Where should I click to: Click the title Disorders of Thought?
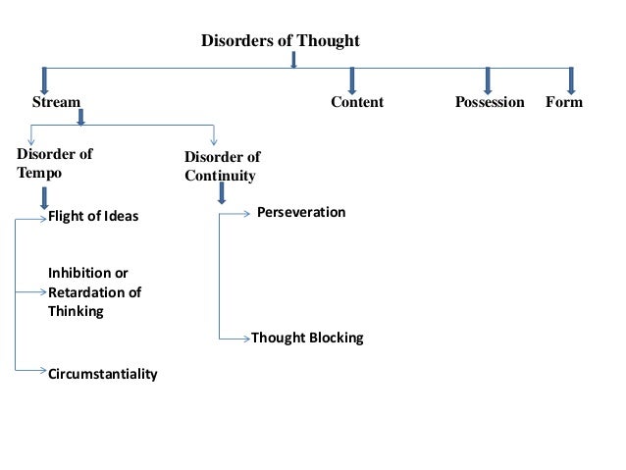click(281, 41)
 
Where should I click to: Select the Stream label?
click(57, 102)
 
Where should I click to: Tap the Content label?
click(356, 102)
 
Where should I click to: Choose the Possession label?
click(490, 102)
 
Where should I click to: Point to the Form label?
click(564, 102)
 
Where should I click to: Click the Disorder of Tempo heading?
click(55, 162)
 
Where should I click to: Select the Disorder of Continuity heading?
click(223, 167)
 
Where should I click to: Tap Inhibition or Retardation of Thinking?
click(94, 291)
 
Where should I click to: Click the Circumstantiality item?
click(102, 374)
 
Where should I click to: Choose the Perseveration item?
click(300, 212)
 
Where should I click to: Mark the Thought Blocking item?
click(307, 338)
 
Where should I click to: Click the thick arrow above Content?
click(351, 80)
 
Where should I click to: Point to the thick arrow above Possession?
click(488, 80)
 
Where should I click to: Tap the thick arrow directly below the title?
click(293, 61)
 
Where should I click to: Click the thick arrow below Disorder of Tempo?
click(44, 197)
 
